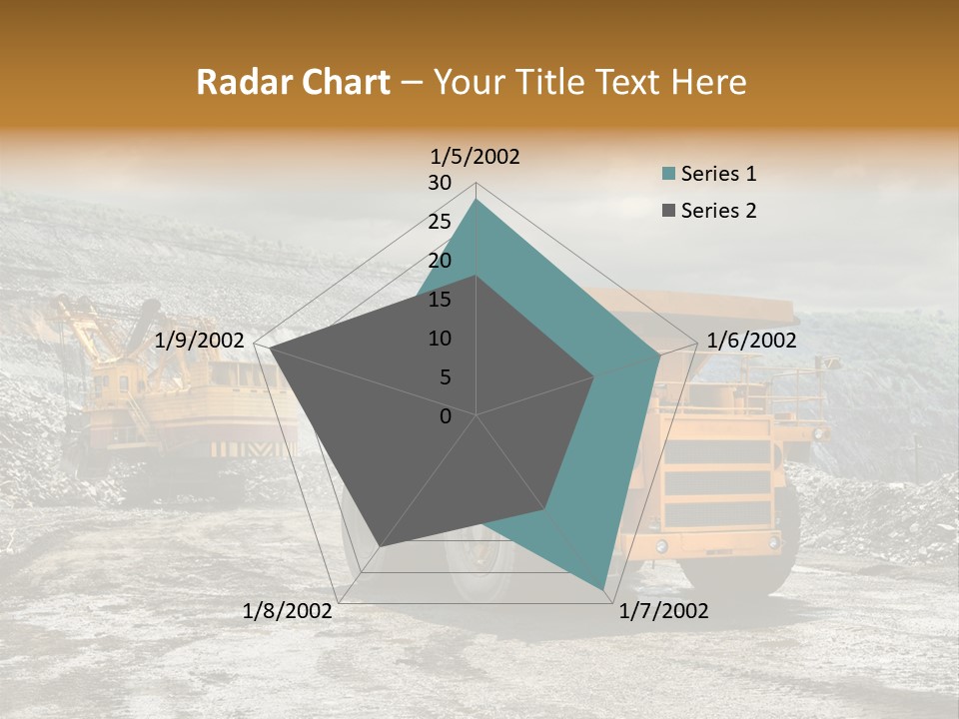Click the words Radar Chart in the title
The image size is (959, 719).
(x=293, y=83)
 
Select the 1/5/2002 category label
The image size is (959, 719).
(x=476, y=157)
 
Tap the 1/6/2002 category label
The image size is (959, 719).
(x=751, y=341)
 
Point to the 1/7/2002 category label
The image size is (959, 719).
(x=663, y=611)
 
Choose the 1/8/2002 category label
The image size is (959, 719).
(x=288, y=611)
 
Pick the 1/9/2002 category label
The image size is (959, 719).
(x=200, y=341)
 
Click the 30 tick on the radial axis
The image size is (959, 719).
(x=440, y=183)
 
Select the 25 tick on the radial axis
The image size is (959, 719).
(x=440, y=222)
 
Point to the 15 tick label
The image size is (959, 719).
(x=440, y=300)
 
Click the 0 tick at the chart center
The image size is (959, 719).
(x=446, y=415)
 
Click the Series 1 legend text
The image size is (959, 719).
(x=718, y=174)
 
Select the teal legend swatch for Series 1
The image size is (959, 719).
(x=669, y=174)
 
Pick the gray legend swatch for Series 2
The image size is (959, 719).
(x=669, y=211)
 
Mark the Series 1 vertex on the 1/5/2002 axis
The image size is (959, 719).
(x=477, y=200)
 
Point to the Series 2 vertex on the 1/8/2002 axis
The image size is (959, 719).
(x=381, y=546)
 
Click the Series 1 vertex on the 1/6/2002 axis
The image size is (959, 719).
(x=660, y=355)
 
